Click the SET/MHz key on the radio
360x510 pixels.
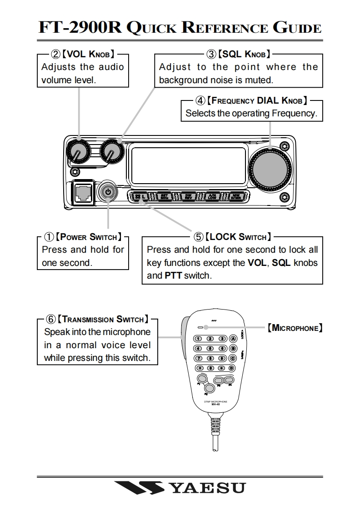[165, 196]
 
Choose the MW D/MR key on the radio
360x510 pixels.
[236, 196]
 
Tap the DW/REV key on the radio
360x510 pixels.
[188, 196]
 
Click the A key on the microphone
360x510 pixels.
[233, 339]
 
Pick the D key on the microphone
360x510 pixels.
[232, 368]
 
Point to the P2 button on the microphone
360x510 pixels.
[209, 388]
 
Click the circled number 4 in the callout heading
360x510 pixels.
[200, 100]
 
